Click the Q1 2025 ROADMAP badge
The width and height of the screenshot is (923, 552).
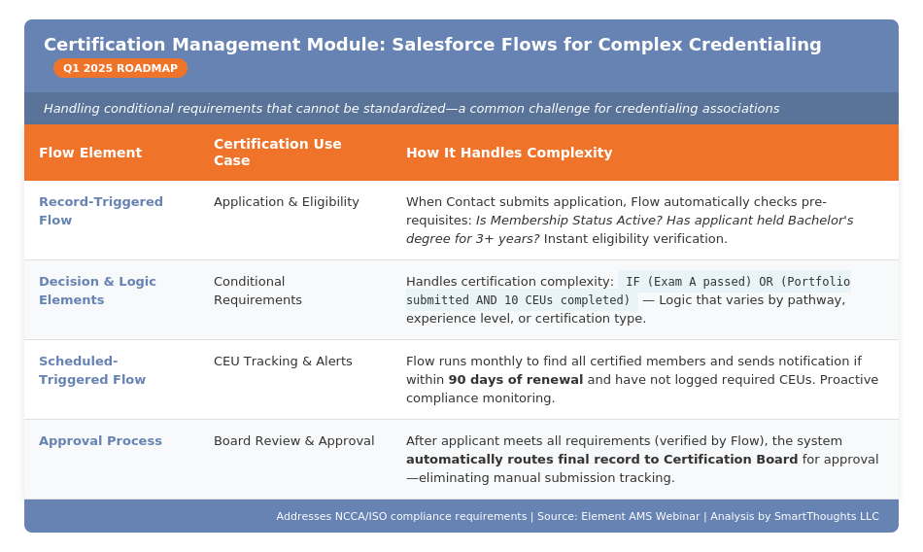(x=120, y=68)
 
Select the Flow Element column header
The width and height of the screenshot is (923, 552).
(x=90, y=153)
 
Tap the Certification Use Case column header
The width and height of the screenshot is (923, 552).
(x=277, y=153)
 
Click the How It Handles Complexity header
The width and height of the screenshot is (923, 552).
(x=509, y=153)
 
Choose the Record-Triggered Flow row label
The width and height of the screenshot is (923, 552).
(x=101, y=211)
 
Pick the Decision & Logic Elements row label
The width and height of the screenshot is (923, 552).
(x=97, y=291)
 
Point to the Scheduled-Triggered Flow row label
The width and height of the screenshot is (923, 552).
(x=92, y=370)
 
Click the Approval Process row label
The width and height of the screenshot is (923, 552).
(x=100, y=441)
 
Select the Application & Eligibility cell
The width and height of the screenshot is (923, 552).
(x=287, y=202)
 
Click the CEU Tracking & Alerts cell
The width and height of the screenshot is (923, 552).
(x=283, y=362)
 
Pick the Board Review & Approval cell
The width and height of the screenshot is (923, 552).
(x=293, y=441)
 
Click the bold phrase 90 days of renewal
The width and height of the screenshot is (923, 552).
(x=516, y=380)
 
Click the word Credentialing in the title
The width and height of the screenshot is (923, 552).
(x=755, y=45)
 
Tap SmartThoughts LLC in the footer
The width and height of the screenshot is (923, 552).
(x=826, y=517)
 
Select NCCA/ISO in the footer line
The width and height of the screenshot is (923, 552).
(x=362, y=517)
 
